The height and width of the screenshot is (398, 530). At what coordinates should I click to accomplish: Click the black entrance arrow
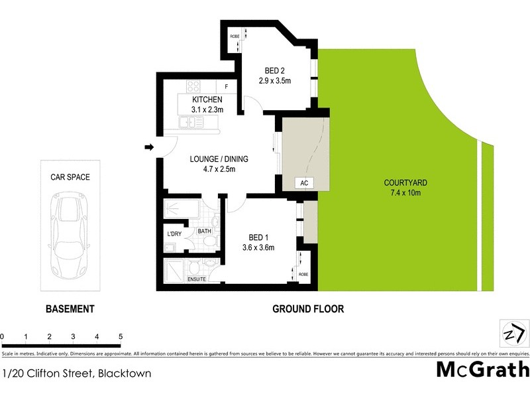(150, 147)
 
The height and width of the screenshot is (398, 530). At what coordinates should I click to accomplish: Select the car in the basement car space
(70, 232)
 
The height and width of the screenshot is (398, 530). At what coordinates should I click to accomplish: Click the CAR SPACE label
(70, 178)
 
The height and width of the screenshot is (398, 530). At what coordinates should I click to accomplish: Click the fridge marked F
(226, 86)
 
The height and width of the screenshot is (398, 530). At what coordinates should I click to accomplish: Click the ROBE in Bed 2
(235, 37)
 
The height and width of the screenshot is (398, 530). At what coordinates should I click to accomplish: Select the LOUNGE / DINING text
(218, 159)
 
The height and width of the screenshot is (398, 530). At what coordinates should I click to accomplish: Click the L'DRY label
(174, 234)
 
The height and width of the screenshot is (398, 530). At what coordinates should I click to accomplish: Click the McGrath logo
(483, 369)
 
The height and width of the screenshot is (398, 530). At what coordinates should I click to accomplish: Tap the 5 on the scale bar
(120, 336)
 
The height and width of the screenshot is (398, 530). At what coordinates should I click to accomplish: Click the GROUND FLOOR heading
(308, 309)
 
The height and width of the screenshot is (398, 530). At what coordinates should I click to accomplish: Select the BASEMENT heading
(70, 309)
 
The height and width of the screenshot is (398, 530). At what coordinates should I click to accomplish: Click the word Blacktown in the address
(124, 373)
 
